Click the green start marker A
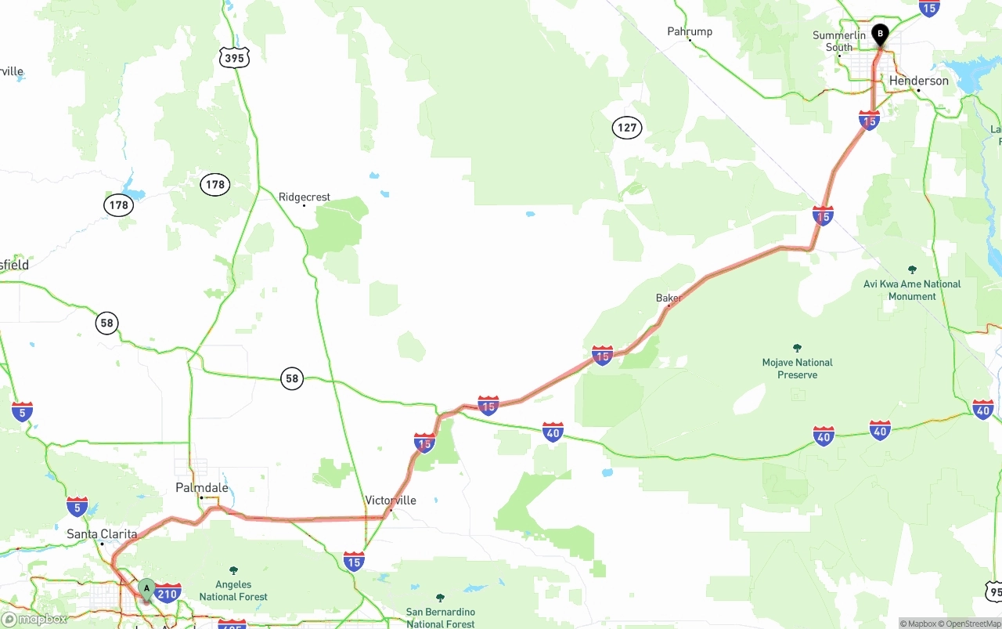(146, 589)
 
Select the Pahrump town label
(690, 31)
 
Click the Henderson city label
(918, 81)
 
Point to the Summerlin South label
(839, 42)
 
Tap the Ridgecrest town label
(305, 197)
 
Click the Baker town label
(668, 298)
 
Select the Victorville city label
(391, 501)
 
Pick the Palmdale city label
(202, 488)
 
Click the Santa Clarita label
(102, 534)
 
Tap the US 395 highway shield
(234, 58)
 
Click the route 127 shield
(627, 128)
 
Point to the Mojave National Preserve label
(797, 369)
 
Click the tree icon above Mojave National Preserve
(797, 348)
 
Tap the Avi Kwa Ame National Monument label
(912, 290)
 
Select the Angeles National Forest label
(233, 591)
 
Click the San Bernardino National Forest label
(440, 618)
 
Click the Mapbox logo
(34, 620)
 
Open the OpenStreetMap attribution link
(973, 624)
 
